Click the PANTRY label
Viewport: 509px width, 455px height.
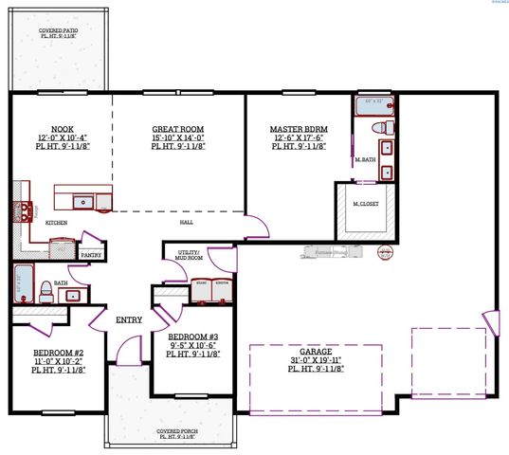[x=91, y=255]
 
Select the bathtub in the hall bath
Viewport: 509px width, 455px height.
[x=23, y=282]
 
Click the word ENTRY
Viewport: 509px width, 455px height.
[x=129, y=320]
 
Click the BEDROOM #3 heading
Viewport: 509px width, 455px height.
[x=193, y=337]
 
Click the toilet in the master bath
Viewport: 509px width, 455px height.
[x=376, y=126]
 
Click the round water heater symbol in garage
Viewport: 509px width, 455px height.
[x=384, y=251]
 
